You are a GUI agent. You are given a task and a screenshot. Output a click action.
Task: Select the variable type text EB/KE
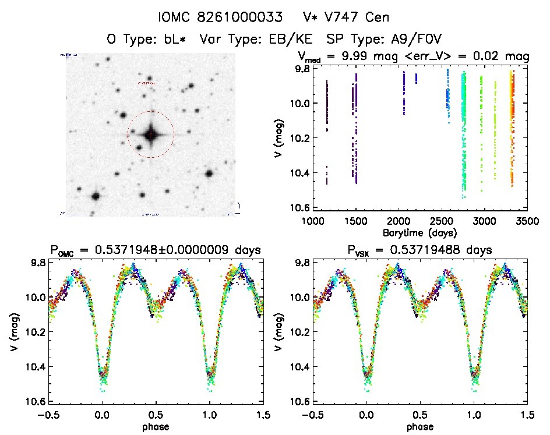[x=288, y=40]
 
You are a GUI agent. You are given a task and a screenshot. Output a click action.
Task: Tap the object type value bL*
[x=178, y=40]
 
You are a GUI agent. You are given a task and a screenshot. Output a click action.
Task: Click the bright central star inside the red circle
[x=151, y=135]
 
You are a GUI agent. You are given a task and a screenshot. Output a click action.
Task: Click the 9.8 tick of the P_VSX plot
[x=301, y=263]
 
